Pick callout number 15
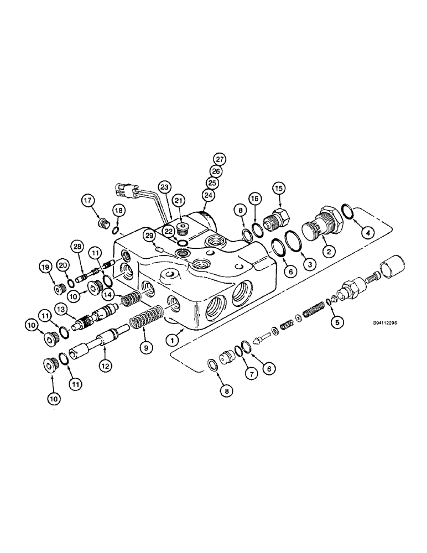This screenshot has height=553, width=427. [278, 189]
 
